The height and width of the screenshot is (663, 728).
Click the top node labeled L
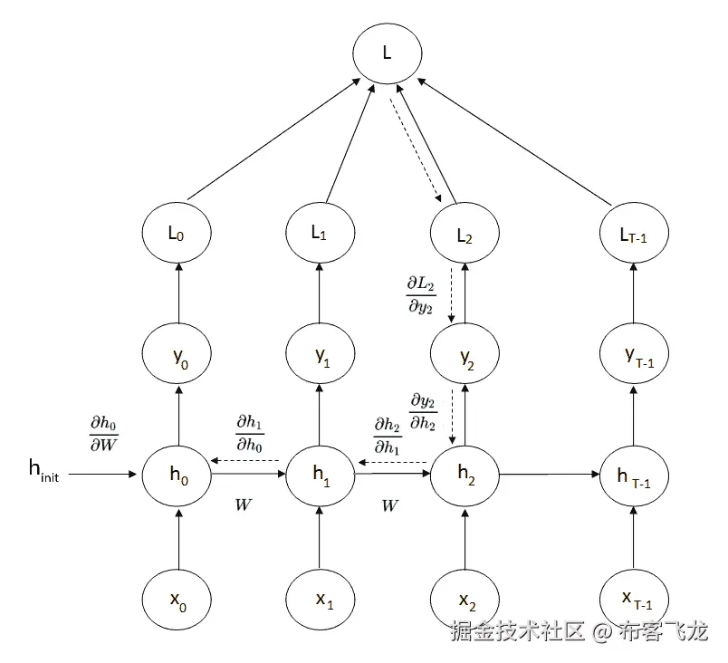(x=387, y=53)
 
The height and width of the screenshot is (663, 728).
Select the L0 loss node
(x=177, y=233)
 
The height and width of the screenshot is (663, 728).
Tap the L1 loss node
(x=320, y=233)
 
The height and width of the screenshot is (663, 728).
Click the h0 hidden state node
(x=177, y=474)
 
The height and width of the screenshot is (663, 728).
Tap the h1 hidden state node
(x=320, y=474)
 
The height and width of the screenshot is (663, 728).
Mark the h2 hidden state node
(x=465, y=474)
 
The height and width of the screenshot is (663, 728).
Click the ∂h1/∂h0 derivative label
(x=249, y=433)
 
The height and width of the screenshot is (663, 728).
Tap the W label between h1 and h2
(x=390, y=506)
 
